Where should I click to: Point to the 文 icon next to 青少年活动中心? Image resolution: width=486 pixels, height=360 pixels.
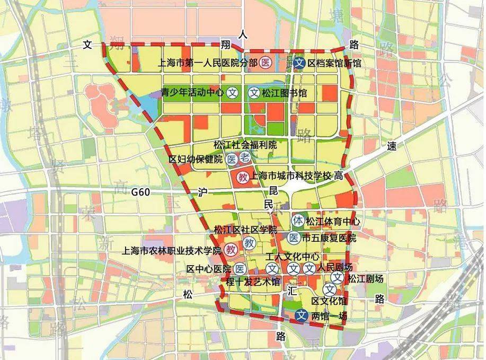pyautogui.click(x=232, y=93)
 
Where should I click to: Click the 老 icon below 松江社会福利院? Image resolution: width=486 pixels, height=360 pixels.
pyautogui.click(x=244, y=157)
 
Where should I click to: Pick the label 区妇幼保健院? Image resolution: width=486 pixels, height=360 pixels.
pyautogui.click(x=196, y=159)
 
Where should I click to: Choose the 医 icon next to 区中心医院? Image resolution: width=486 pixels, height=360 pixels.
pyautogui.click(x=240, y=268)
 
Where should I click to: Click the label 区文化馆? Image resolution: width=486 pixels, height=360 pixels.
pyautogui.click(x=329, y=301)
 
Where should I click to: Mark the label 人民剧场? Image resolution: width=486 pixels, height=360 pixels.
pyautogui.click(x=335, y=267)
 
